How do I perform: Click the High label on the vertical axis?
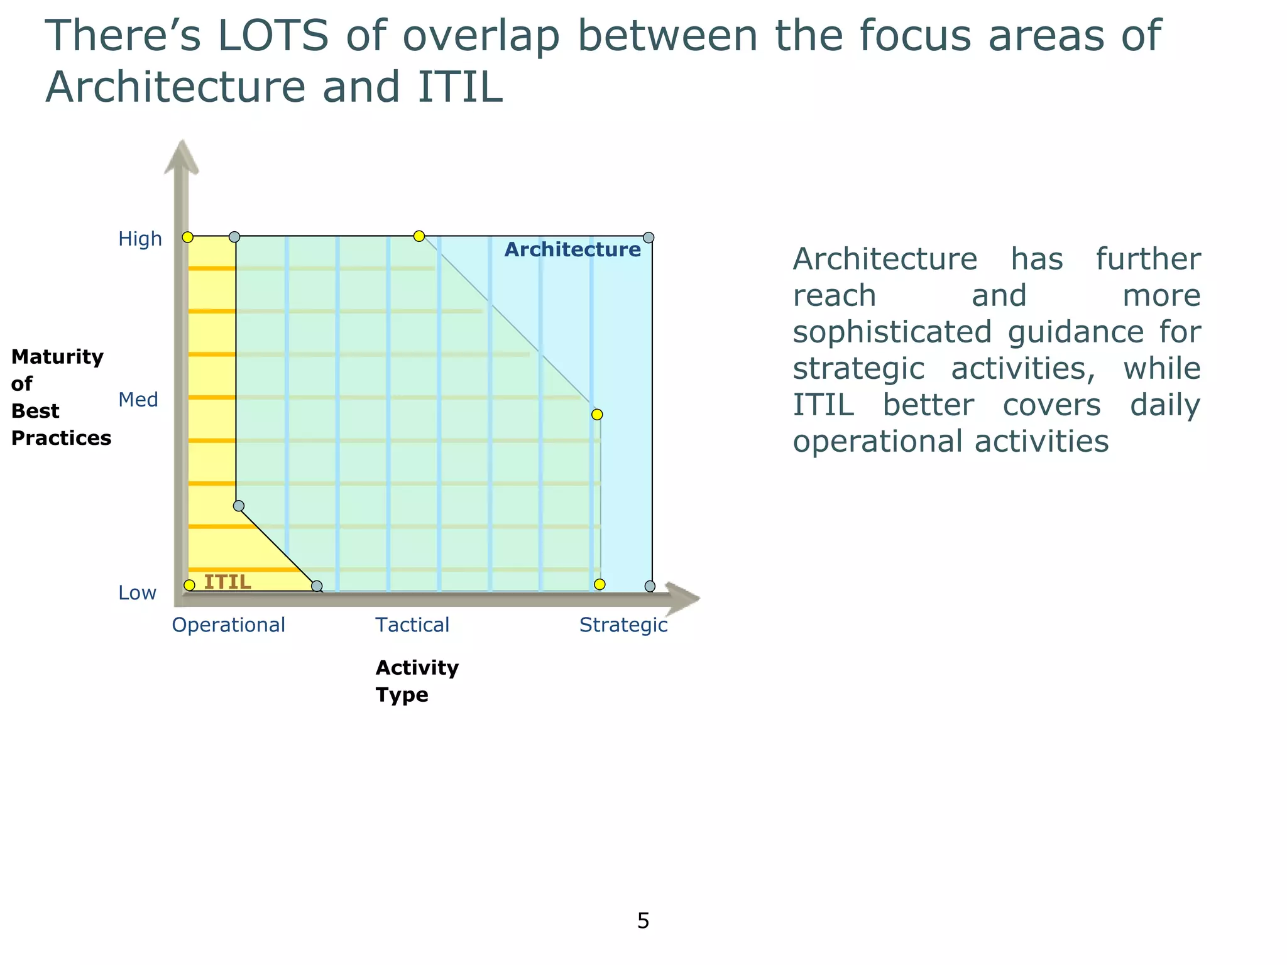[140, 239]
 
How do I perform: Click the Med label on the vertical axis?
[138, 400]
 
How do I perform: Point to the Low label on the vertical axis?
[137, 593]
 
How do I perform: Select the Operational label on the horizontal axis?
[228, 625]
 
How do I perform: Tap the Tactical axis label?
[412, 625]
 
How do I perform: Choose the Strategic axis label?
[623, 625]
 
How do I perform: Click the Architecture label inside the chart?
[572, 250]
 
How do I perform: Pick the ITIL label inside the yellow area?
[227, 582]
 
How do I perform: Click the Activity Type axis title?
[417, 681]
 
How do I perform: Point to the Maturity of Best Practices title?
[60, 397]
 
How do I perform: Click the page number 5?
[643, 921]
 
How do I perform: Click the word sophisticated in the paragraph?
[892, 332]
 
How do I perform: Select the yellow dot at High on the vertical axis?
[187, 237]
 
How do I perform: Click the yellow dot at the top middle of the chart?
[419, 236]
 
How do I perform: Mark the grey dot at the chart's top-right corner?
[649, 237]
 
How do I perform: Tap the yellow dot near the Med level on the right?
[597, 415]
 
